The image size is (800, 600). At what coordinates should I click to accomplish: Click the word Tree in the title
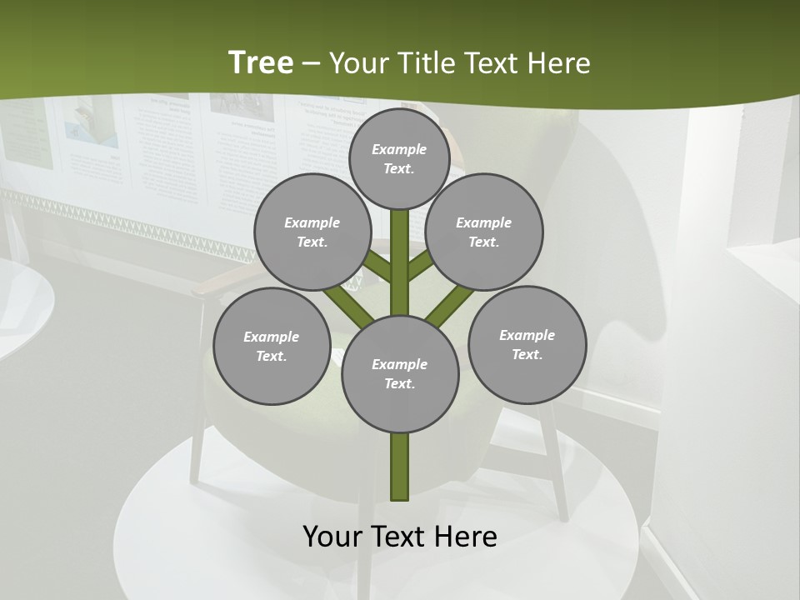coord(261,62)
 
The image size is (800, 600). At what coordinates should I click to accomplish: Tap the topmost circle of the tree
coord(399,158)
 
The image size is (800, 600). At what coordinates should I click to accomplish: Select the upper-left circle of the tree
coord(312,232)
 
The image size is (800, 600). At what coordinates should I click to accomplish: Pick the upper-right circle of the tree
coord(484,232)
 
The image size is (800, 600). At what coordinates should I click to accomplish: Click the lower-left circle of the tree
coord(272,346)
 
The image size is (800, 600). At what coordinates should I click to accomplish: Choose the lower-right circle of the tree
coord(527,344)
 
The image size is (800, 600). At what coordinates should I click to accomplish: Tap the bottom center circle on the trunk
coord(400,373)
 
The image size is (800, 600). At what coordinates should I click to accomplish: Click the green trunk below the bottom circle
coord(400,467)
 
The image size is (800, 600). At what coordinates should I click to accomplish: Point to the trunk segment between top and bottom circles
coord(400,262)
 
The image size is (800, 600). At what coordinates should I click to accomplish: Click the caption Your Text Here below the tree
coord(400,536)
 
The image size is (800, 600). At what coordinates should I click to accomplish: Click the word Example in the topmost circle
coord(399,149)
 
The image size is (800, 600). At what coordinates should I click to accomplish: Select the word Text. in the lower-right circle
coord(527,354)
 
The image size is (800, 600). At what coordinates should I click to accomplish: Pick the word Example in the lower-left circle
coord(272,337)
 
